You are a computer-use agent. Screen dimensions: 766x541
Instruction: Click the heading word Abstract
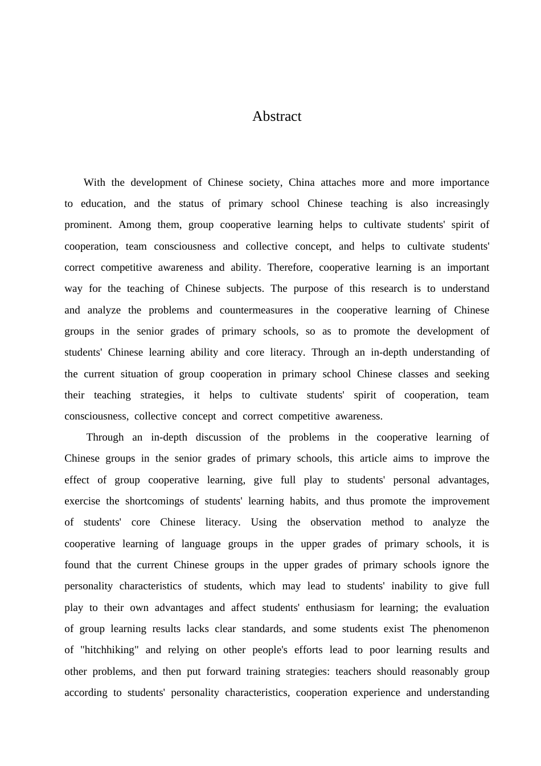pos(277,116)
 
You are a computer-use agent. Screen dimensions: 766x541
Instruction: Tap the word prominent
pos(88,225)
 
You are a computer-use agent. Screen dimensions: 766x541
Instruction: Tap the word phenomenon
pos(461,629)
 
